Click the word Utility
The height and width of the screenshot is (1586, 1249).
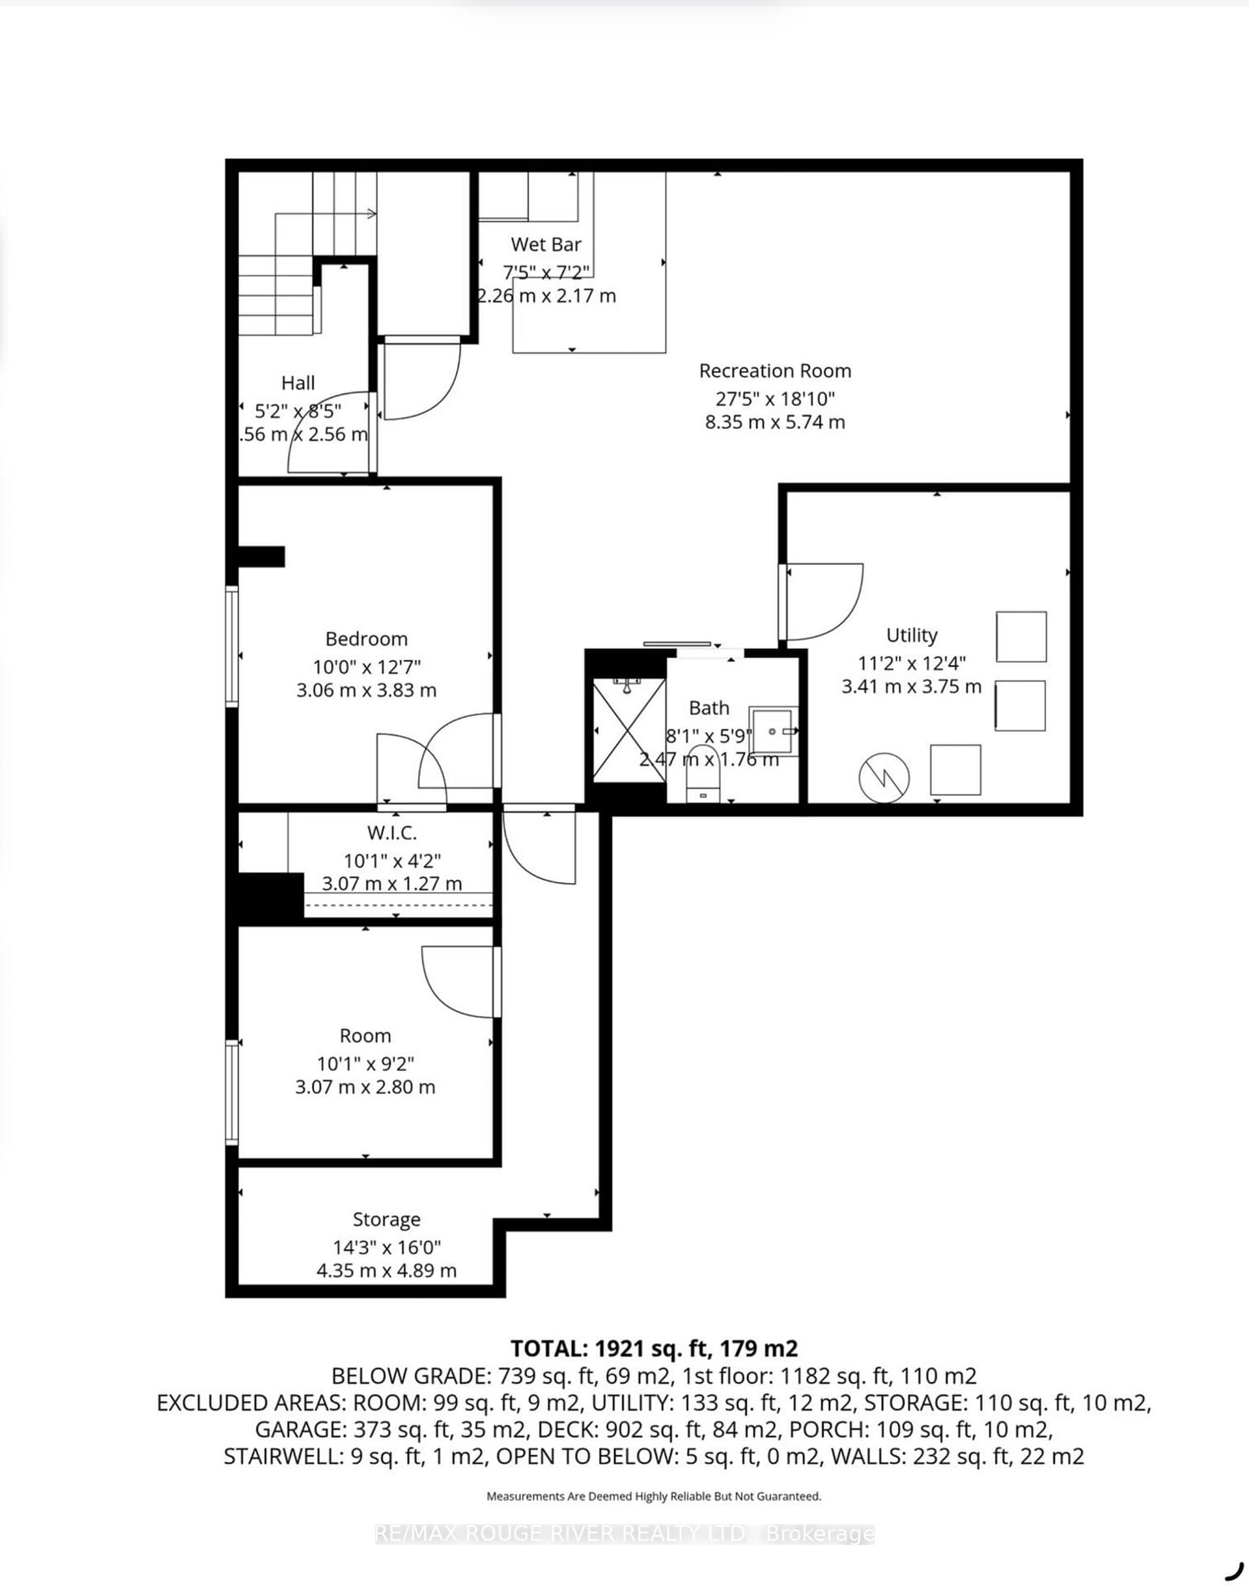click(x=911, y=635)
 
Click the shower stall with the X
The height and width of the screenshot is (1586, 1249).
click(x=628, y=729)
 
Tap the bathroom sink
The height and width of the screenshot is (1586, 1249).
click(x=772, y=731)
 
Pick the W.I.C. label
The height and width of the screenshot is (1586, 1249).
click(x=392, y=832)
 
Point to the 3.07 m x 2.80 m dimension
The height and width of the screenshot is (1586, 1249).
click(x=365, y=1087)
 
